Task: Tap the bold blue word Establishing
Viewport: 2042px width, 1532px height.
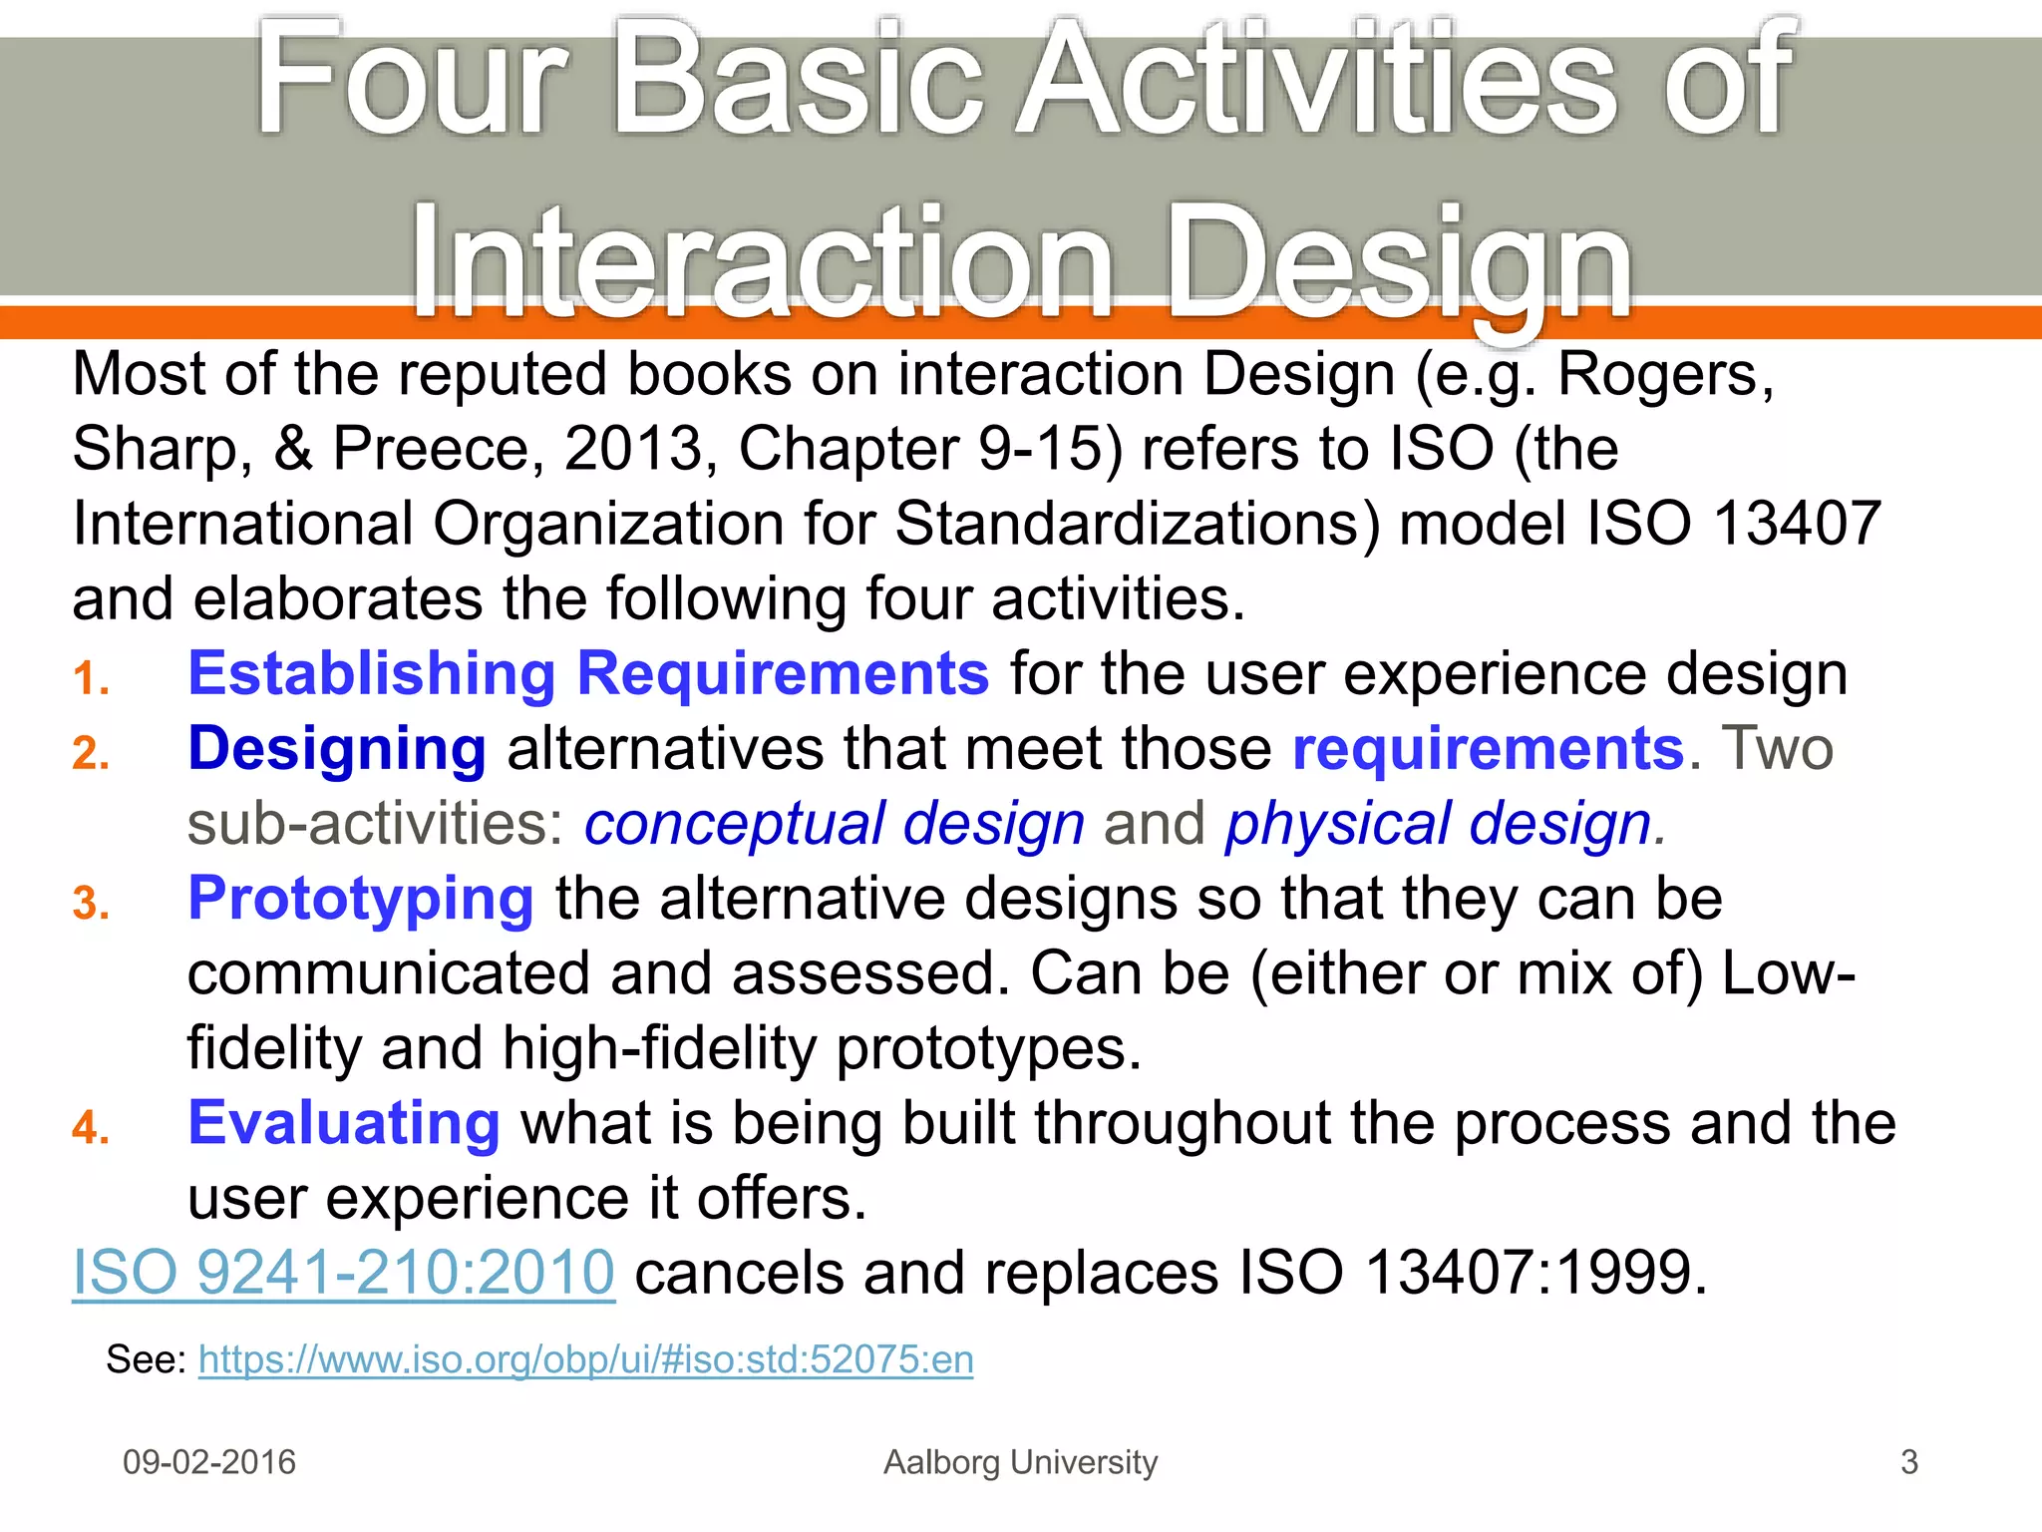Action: [x=371, y=673]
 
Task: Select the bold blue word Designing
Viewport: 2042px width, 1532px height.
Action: [x=337, y=748]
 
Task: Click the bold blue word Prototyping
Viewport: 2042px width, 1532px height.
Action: [x=361, y=898]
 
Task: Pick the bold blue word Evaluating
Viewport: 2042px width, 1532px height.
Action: [x=344, y=1123]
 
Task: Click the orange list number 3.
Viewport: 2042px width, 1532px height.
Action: [x=90, y=904]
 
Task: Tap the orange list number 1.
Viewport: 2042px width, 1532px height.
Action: [x=90, y=679]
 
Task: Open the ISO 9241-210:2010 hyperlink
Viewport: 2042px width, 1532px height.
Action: [x=343, y=1273]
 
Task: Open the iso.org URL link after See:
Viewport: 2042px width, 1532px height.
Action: [x=585, y=1359]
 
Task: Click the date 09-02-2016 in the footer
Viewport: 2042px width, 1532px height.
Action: [x=209, y=1462]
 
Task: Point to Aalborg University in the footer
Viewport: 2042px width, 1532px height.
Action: [x=1020, y=1462]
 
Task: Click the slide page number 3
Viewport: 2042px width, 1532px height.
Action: [x=1908, y=1462]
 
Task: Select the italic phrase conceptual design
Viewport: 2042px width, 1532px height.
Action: [x=834, y=824]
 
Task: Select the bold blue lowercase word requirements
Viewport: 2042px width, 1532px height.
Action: [x=1487, y=748]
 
